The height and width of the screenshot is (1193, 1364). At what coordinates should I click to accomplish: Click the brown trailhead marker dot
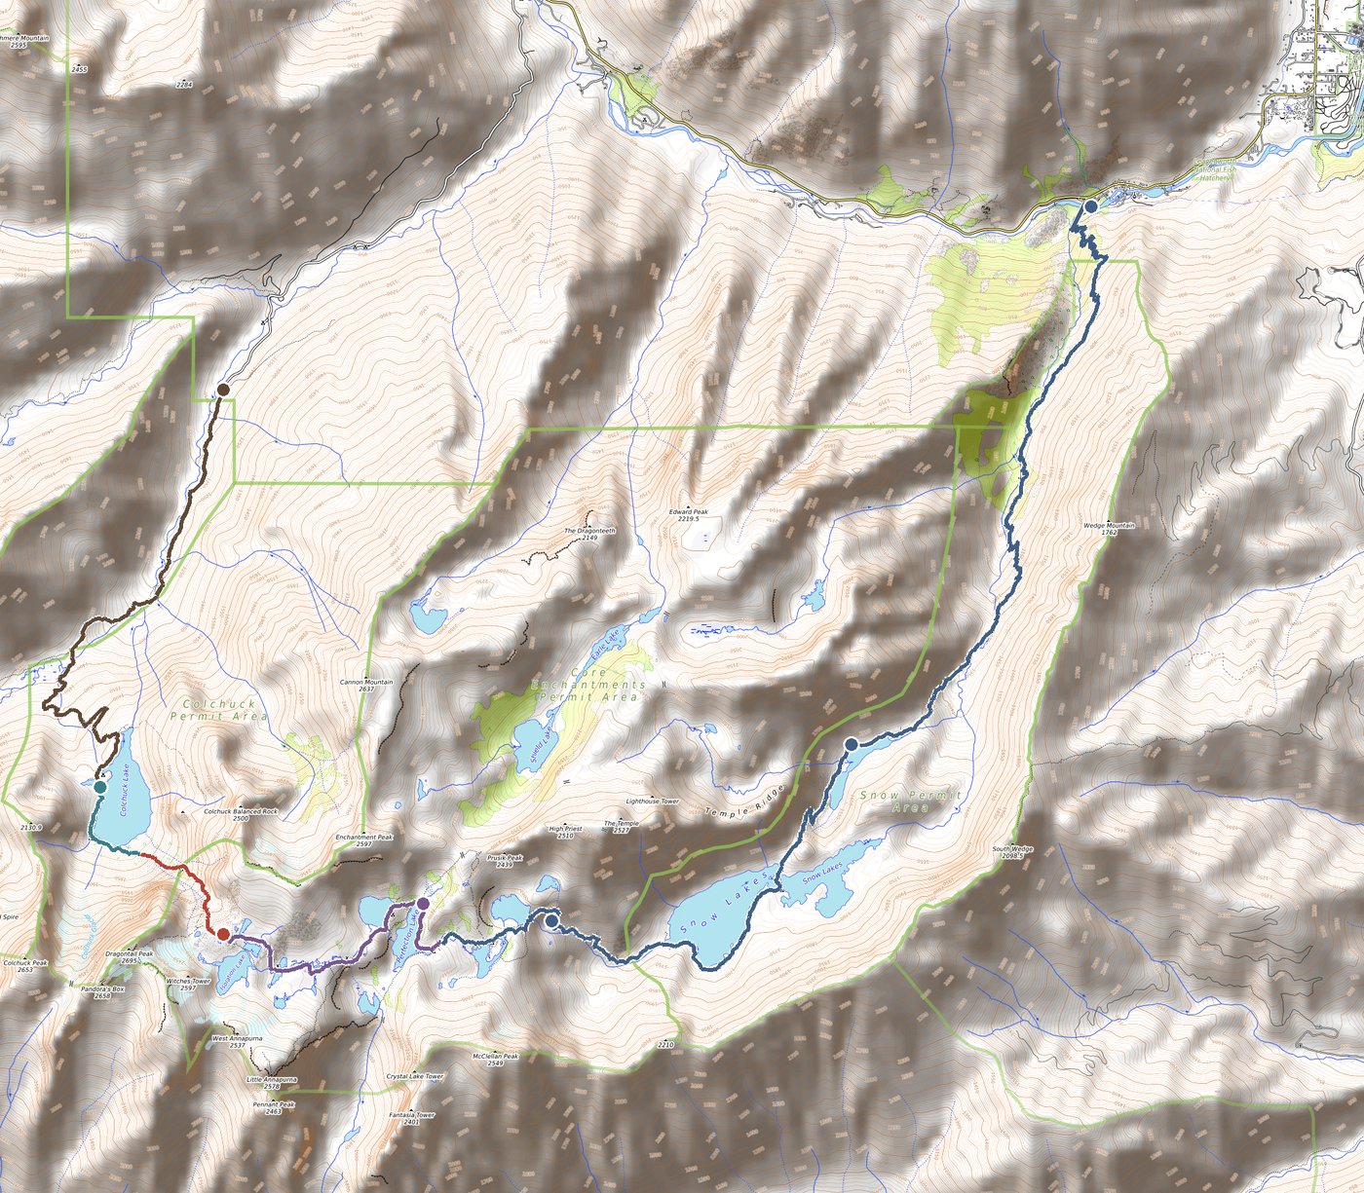223,390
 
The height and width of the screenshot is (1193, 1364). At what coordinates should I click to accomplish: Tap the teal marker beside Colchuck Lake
99,786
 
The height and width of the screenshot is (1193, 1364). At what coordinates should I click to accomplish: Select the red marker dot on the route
223,934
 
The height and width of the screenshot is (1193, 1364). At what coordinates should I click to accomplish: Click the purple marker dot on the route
423,904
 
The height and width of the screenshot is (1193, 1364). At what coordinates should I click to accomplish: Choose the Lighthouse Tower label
652,802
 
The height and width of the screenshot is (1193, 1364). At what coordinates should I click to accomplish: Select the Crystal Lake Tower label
414,1076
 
